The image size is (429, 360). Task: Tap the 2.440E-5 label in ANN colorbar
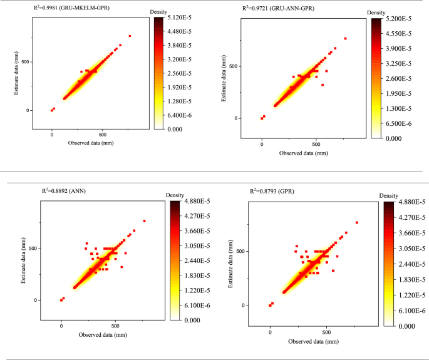197,261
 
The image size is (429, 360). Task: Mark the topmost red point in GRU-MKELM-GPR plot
130,36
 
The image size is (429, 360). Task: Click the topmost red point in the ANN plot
144,220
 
